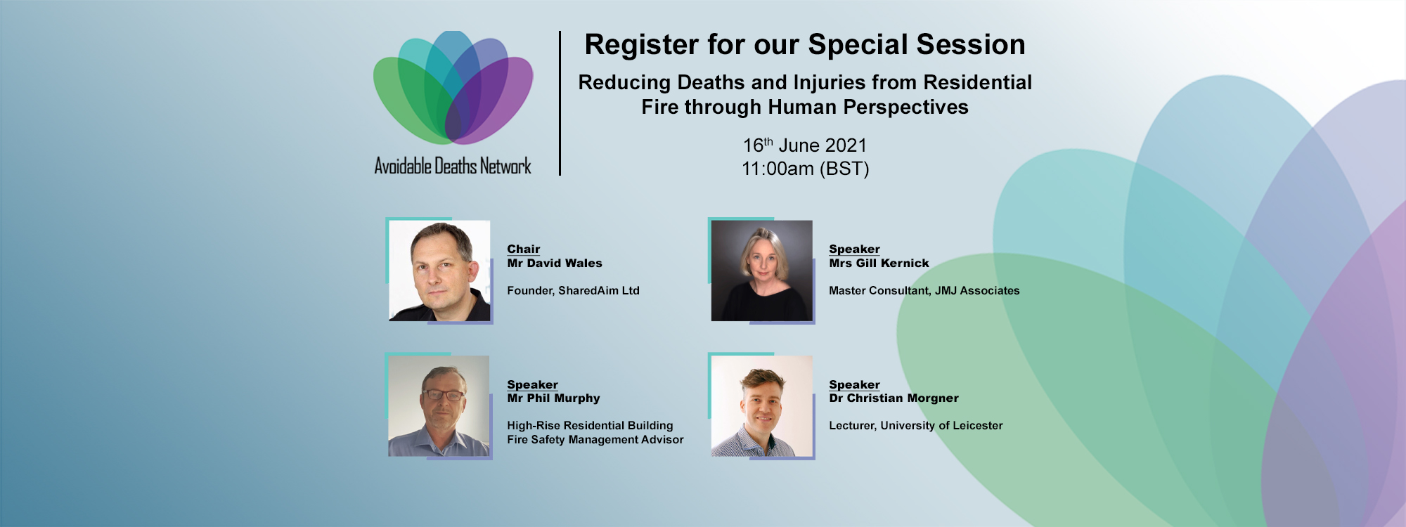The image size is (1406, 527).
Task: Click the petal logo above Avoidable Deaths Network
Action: pos(453,87)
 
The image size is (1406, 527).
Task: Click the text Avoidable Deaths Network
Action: pos(453,167)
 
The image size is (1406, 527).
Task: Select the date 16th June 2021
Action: pos(805,145)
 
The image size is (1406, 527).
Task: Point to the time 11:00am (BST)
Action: pos(806,169)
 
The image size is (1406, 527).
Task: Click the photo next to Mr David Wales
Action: pos(439,271)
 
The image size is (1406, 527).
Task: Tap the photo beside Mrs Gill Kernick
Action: pos(762,271)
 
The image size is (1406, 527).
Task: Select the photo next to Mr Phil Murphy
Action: pos(439,406)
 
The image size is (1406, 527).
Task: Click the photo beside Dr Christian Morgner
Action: pos(762,406)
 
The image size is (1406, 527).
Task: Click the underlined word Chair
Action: pos(524,249)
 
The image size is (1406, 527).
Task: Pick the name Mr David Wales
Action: pos(555,263)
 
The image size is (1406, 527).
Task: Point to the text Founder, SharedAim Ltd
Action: pos(573,290)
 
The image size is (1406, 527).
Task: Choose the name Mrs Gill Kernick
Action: pos(879,263)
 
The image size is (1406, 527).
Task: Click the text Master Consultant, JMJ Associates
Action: pos(924,290)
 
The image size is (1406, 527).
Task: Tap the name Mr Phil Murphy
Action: pos(553,398)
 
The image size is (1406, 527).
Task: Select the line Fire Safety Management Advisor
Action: pos(595,439)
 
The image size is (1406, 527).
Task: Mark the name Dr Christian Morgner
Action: pos(894,398)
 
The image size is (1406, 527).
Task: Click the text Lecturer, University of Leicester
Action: pos(916,425)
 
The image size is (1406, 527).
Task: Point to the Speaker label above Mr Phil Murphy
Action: pos(532,384)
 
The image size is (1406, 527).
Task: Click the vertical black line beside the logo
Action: pos(560,103)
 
